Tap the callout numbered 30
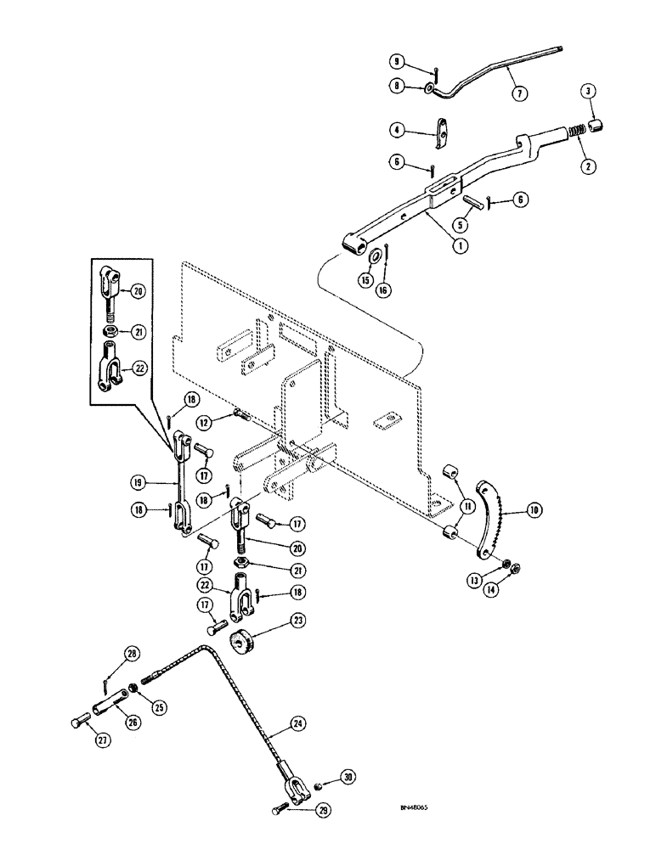coord(346,777)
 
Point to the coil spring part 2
coord(575,132)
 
